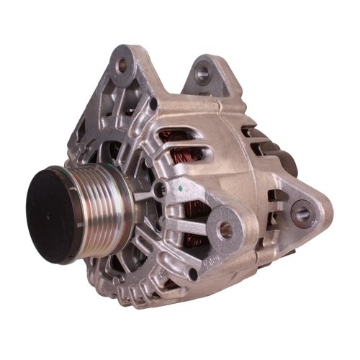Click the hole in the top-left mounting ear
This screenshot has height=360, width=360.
pyautogui.click(x=122, y=65)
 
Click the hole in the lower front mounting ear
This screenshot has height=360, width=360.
pyautogui.click(x=226, y=230)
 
